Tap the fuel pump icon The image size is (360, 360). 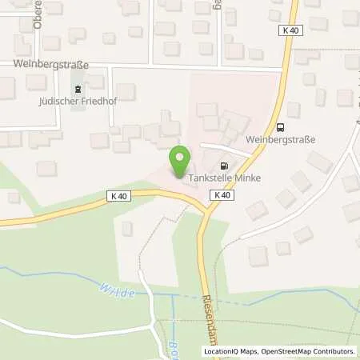click(x=212, y=166)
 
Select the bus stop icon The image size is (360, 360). click(x=280, y=126)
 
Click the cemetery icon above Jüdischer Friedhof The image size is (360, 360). click(x=78, y=89)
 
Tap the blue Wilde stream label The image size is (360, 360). click(x=117, y=291)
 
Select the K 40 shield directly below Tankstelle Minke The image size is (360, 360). click(x=223, y=194)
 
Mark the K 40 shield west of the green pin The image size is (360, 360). click(x=118, y=194)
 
